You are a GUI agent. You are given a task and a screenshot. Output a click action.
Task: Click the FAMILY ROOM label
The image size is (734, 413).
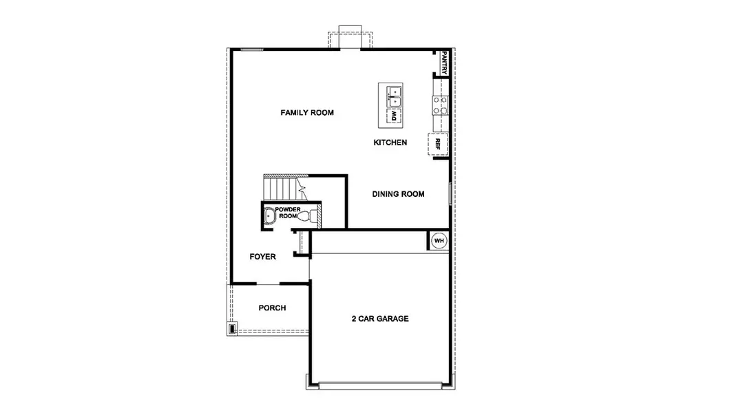[x=306, y=112]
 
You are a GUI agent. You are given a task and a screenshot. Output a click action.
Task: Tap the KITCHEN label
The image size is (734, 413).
[x=390, y=142]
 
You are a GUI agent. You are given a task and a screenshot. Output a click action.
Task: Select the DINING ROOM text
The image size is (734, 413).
[x=398, y=194]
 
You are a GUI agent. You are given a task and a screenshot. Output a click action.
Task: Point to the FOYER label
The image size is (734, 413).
[x=262, y=257]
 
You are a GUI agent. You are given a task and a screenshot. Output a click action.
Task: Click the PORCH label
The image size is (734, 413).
[x=272, y=308]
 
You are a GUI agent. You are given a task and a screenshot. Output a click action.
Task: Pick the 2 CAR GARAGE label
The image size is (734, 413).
[x=380, y=319]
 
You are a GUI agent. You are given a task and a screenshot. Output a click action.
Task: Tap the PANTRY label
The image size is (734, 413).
[x=445, y=63]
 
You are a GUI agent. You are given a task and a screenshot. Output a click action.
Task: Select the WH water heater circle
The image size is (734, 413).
[x=439, y=241]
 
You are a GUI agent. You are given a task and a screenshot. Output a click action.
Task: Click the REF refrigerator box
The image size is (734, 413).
[x=438, y=144]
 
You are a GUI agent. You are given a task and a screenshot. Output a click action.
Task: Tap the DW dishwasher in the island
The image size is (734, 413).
[x=395, y=117]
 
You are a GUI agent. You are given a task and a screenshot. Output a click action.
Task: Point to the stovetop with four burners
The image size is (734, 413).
[x=440, y=104]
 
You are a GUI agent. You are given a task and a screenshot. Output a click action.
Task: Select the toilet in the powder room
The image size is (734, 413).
[x=313, y=215]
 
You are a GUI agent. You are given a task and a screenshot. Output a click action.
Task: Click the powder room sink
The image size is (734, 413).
[x=269, y=216]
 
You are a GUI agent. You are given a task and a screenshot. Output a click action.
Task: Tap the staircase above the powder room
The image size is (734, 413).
[x=281, y=187]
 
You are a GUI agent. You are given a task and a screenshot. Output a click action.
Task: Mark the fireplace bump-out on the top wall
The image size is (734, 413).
[x=350, y=39]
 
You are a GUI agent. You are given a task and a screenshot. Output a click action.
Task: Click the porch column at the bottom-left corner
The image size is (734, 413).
[x=233, y=329]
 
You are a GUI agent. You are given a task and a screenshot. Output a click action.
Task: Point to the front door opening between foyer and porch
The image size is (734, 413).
[x=268, y=283]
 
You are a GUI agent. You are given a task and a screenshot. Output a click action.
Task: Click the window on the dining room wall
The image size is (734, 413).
[x=451, y=194]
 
